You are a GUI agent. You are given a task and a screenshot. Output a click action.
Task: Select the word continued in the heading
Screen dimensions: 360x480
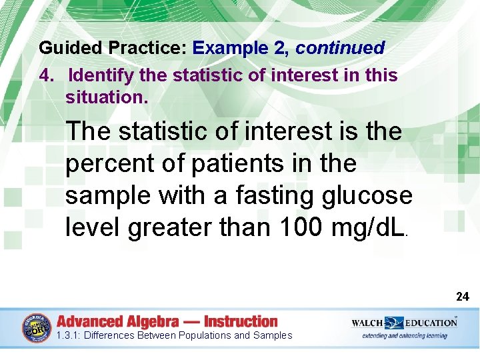pyautogui.click(x=340, y=49)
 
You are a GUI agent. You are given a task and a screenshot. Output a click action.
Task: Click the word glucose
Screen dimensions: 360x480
pyautogui.click(x=371, y=196)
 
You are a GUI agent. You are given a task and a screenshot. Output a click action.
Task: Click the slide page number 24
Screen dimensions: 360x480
pyautogui.click(x=462, y=297)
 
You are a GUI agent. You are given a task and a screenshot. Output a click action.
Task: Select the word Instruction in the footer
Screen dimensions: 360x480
pyautogui.click(x=241, y=321)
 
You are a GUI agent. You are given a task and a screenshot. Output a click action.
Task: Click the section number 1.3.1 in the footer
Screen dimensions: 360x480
pyautogui.click(x=68, y=336)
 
